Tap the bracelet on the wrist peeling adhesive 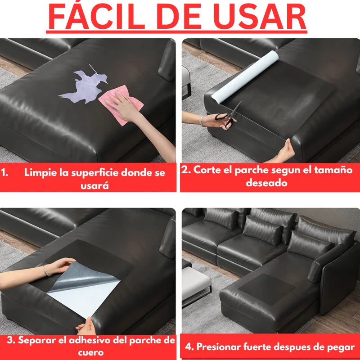pos(45,270)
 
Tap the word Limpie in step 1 pos(39,172)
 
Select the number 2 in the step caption pos(184,170)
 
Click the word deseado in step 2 pos(266,183)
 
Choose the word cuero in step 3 pos(90,352)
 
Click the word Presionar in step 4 pos(219,347)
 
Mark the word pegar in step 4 pos(341,347)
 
